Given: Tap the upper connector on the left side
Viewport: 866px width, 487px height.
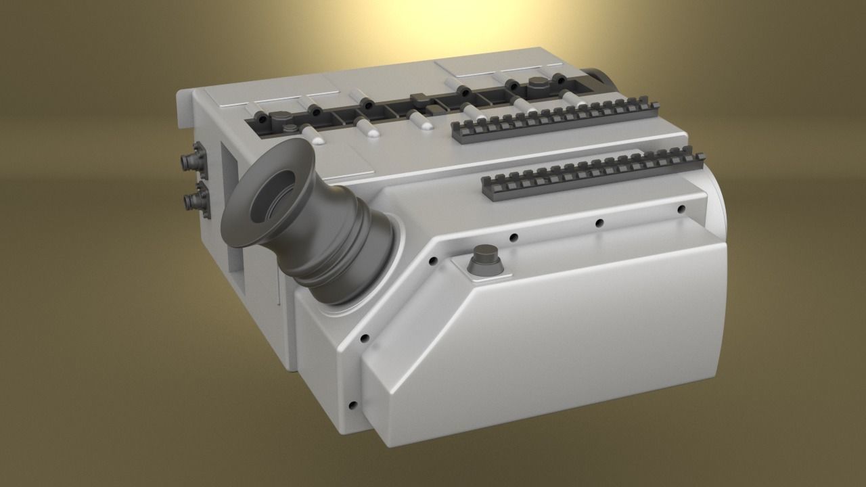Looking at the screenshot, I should [x=190, y=161].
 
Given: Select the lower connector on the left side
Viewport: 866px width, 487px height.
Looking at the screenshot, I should [x=193, y=200].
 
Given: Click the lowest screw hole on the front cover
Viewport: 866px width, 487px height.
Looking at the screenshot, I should [x=352, y=406].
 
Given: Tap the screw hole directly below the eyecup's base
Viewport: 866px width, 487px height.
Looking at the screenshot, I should [x=365, y=337].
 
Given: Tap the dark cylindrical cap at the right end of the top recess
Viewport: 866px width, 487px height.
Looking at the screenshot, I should [x=538, y=84].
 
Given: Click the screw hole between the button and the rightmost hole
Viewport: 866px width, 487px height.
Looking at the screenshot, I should [x=599, y=223].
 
